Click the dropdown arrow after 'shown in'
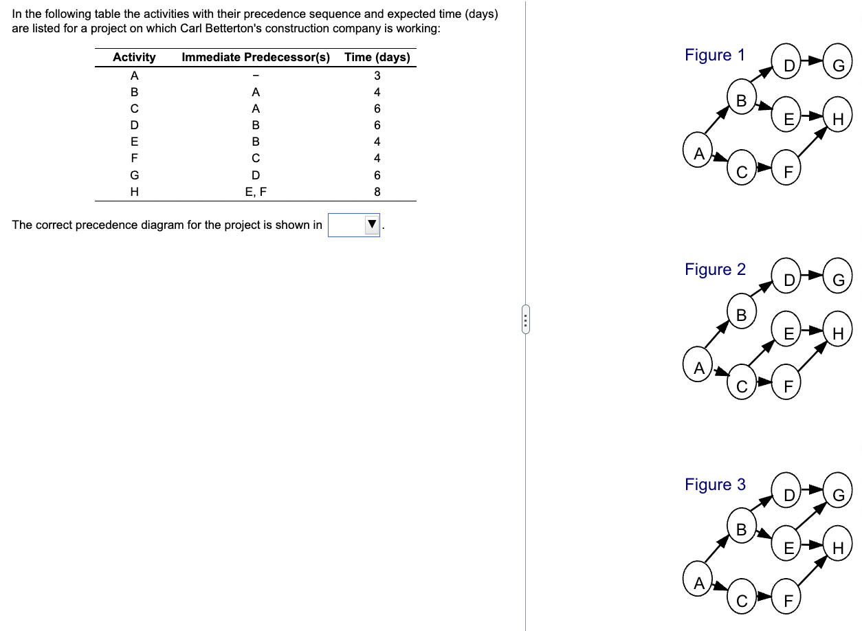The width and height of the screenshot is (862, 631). [372, 225]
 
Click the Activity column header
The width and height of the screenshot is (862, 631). [134, 57]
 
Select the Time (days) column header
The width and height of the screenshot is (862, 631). [377, 57]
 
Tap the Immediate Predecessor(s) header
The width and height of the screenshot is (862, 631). [256, 57]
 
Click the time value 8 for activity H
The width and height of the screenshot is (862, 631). [377, 192]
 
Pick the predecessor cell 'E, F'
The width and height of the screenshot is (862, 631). [256, 192]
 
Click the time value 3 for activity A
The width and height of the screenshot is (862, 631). [377, 75]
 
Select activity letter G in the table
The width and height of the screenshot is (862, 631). [135, 175]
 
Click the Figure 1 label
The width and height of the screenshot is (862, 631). [714, 55]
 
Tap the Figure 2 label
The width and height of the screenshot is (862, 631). [714, 269]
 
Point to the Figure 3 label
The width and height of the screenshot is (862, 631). [714, 485]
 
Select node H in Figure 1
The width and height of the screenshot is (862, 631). [837, 119]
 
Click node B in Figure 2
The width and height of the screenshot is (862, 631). [741, 315]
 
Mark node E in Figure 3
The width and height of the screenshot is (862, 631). [788, 548]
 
